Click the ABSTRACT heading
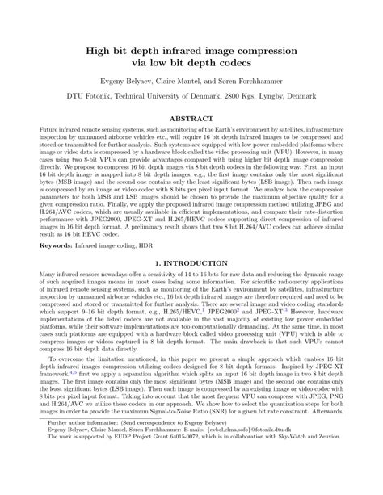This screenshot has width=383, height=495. (x=191, y=118)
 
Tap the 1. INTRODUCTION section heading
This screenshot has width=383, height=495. (x=191, y=264)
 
